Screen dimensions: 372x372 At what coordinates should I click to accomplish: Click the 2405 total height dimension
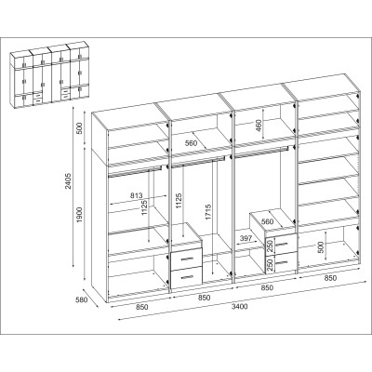(x=69, y=181)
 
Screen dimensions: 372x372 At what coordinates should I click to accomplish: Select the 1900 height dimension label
(x=80, y=215)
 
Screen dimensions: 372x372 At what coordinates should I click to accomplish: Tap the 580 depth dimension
(x=82, y=299)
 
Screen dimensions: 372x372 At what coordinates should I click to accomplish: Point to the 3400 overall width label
(x=240, y=307)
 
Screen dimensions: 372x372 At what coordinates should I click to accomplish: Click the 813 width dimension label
(x=136, y=195)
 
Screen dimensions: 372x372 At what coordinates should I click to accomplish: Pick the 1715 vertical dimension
(x=207, y=212)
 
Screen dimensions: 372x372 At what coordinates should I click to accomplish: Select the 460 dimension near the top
(x=259, y=126)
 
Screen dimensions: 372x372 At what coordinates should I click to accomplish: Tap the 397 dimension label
(x=246, y=238)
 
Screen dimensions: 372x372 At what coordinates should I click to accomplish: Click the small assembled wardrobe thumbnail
(x=49, y=73)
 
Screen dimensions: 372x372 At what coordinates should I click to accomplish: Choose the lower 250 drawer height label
(x=270, y=264)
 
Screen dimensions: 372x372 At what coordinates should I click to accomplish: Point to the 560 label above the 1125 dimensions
(x=191, y=143)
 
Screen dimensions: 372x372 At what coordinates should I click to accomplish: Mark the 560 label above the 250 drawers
(x=268, y=221)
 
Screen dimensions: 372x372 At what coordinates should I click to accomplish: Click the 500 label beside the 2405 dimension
(x=80, y=128)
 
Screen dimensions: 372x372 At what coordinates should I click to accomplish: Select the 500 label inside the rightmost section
(x=321, y=247)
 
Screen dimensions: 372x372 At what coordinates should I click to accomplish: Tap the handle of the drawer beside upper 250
(x=282, y=244)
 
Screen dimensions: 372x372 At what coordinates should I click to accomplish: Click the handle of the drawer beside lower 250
(x=282, y=263)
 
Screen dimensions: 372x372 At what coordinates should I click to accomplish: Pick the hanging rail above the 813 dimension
(x=135, y=172)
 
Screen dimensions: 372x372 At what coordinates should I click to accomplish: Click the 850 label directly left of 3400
(x=204, y=298)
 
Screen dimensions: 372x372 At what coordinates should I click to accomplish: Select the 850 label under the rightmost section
(x=330, y=278)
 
